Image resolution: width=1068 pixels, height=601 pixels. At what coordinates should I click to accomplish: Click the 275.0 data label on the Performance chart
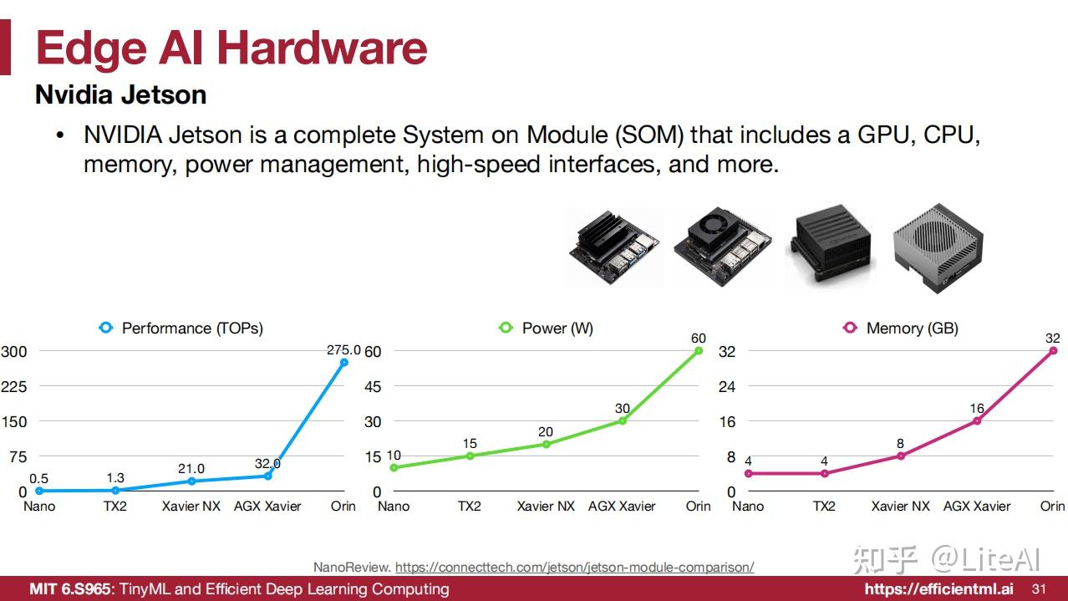pos(343,350)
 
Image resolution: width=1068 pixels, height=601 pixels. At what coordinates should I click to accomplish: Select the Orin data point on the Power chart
pos(699,351)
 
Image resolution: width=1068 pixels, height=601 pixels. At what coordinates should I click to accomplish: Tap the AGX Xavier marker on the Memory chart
pos(977,420)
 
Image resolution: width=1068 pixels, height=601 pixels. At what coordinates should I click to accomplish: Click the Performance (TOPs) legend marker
pos(106,328)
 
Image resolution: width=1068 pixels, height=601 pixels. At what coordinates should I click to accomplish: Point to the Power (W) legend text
pos(558,329)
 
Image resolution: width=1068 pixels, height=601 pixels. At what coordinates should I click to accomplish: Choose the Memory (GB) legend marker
pos(850,328)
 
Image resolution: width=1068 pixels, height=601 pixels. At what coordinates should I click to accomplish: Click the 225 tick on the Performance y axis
pos(14,386)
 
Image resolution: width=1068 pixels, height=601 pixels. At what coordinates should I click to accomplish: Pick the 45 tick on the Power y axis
pos(373,386)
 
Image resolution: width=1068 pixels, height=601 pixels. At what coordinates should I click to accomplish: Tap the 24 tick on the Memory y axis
pos(727,386)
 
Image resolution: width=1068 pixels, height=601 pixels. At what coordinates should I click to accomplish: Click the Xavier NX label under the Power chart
pos(546,506)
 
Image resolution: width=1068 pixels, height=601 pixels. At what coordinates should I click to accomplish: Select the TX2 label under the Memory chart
pos(824,506)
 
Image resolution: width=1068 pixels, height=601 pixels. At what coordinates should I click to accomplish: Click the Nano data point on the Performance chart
pos(39,491)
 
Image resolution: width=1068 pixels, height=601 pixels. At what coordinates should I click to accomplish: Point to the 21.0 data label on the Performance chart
pos(191,469)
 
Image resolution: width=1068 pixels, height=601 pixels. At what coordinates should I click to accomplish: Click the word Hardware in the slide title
pos(322,48)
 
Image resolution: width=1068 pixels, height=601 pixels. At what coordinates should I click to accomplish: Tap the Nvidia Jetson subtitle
pos(121,94)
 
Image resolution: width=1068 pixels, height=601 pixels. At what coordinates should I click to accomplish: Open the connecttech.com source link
pos(574,567)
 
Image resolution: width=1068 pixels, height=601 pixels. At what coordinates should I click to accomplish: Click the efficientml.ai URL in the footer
pos(939,589)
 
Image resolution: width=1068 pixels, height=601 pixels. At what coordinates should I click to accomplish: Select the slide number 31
pos(1039,589)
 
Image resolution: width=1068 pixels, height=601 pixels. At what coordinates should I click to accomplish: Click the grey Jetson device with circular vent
pos(938,248)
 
